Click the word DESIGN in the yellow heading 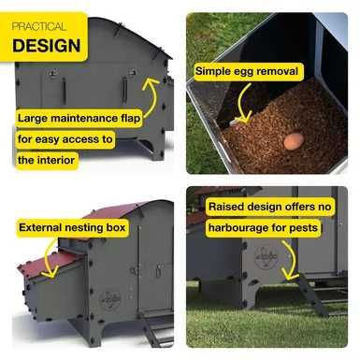pyautogui.click(x=47, y=46)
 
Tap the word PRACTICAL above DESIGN pyautogui.click(x=39, y=26)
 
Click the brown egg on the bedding pyautogui.click(x=294, y=140)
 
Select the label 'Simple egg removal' pyautogui.click(x=247, y=72)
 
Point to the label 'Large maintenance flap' pyautogui.click(x=79, y=119)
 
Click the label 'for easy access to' pyautogui.click(x=65, y=139)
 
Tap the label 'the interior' pyautogui.click(x=47, y=160)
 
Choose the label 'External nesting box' pyautogui.click(x=72, y=227)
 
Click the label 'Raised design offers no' pyautogui.click(x=270, y=207)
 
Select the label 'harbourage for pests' pyautogui.click(x=264, y=228)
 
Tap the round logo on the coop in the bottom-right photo pyautogui.click(x=266, y=258)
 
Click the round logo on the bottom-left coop pyautogui.click(x=110, y=300)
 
